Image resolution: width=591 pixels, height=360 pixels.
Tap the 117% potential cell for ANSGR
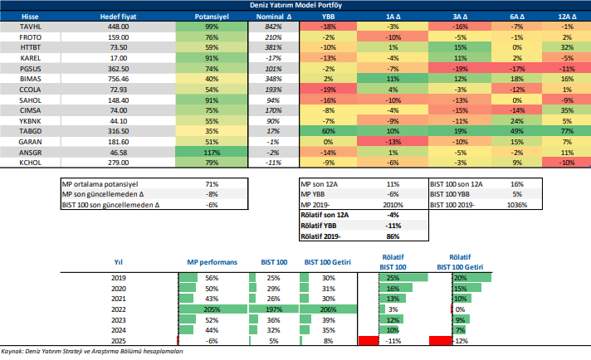[211, 153]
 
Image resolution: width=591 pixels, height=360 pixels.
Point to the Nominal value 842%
[273, 27]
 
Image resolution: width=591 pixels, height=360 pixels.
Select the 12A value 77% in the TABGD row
[567, 130]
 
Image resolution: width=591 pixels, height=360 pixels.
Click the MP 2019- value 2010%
[394, 204]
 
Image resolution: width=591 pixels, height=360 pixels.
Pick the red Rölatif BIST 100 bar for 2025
[368, 340]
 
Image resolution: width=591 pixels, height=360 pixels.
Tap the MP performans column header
[212, 261]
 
